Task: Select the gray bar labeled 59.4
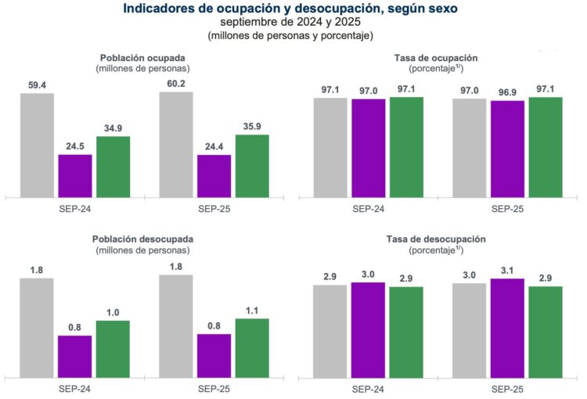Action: pyautogui.click(x=37, y=145)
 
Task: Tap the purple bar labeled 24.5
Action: pyautogui.click(x=75, y=175)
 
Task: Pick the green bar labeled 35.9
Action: pyautogui.click(x=252, y=165)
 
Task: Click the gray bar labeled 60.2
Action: pyautogui.click(x=175, y=144)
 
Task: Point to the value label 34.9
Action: pyautogui.click(x=113, y=128)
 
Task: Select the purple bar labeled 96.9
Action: pyautogui.click(x=507, y=149)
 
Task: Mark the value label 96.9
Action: pyautogui.click(x=507, y=92)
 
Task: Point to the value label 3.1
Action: pyautogui.click(x=507, y=270)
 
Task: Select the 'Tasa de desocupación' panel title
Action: pyautogui.click(x=436, y=239)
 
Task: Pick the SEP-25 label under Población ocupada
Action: pyautogui.click(x=213, y=210)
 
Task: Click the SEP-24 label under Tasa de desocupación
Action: pyautogui.click(x=367, y=388)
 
